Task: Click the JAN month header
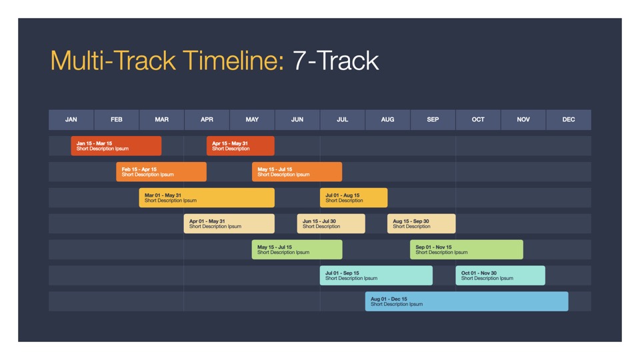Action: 71,119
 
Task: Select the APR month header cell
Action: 207,119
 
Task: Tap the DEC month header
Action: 569,119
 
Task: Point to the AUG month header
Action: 388,119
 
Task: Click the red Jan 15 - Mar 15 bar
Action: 116,146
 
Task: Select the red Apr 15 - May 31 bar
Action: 241,146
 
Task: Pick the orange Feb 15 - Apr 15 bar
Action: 161,172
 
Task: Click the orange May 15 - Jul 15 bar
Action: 297,172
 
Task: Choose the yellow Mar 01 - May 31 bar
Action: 207,197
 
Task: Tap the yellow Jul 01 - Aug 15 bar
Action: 354,197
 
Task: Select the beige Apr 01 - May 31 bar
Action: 229,224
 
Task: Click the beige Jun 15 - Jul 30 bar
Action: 331,224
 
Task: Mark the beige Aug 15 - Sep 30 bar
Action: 421,224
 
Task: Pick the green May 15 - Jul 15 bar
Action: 297,249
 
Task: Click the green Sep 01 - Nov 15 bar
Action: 467,249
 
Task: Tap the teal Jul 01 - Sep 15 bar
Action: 376,275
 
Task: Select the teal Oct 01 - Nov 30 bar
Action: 501,275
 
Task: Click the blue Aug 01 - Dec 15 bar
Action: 467,301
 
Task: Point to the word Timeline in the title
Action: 233,61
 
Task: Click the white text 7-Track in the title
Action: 336,61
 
